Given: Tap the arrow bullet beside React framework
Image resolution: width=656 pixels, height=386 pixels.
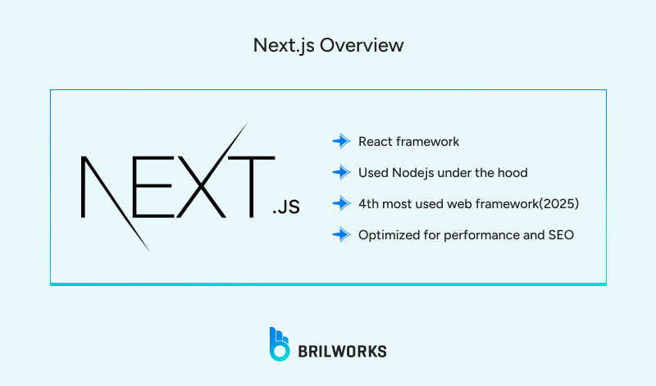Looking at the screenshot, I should [341, 142].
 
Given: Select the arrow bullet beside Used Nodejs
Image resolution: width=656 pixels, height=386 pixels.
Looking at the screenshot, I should [341, 172].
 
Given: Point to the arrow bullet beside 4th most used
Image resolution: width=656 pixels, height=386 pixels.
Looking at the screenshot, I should [341, 203].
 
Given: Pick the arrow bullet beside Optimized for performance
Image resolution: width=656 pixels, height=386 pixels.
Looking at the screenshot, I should [341, 234].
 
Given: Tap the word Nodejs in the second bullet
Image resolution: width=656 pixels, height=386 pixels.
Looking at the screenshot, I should [413, 172].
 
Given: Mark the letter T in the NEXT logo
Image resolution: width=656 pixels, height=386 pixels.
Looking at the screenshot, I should [250, 188].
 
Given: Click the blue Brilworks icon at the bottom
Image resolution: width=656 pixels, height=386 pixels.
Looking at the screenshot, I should [280, 343].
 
